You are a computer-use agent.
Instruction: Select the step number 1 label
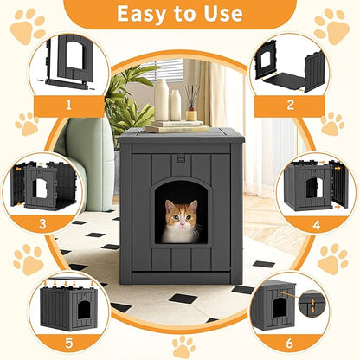[x=68, y=106]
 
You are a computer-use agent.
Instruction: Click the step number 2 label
[x=291, y=106]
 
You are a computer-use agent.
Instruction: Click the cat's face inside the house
[x=180, y=222]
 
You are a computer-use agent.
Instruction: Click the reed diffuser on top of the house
[x=191, y=105]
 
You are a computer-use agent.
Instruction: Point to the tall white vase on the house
[x=161, y=100]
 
